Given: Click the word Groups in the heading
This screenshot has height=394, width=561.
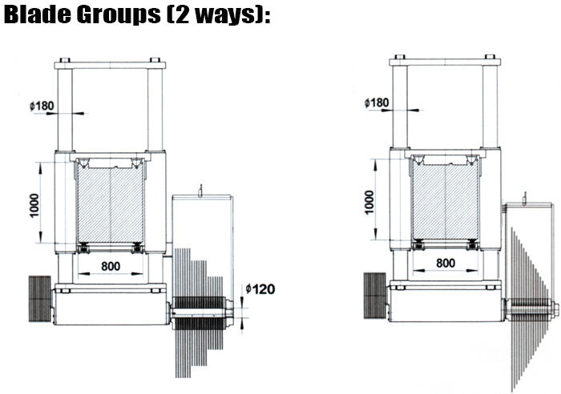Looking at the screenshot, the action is pos(119,15).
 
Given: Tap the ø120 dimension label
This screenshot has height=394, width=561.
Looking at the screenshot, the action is pos(260,289).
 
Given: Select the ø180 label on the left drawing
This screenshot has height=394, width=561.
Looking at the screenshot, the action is pos(42,106).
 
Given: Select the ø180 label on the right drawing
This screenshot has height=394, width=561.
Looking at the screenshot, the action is pos(377,103).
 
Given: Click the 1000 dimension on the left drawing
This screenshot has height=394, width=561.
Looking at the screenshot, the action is pos(34,205).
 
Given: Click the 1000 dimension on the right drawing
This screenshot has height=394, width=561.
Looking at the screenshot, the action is pos(369,203).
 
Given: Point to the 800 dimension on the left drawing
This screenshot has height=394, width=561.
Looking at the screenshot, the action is pos(111,266).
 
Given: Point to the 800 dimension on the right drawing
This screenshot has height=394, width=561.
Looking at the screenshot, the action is pos(446,263).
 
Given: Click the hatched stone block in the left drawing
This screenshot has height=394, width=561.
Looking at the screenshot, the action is pos(111,204).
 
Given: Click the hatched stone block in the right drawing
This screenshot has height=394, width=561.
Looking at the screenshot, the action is pos(446,202).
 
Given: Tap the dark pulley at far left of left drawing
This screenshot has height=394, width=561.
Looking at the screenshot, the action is pos(40,299).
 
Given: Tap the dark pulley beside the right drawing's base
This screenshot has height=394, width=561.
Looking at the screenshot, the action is pos(375,295).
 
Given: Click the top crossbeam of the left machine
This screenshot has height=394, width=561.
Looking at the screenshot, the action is pos(111,66).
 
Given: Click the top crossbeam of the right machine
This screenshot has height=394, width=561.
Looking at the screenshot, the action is pos(445,62).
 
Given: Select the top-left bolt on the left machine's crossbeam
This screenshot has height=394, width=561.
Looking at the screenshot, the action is pos(65,60).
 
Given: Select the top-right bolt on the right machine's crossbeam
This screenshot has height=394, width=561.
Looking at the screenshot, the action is pos(490,57).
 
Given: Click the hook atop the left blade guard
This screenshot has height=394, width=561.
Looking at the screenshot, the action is pos(201,191).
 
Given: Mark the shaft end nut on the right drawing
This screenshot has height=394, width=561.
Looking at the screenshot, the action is pos(555,309).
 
